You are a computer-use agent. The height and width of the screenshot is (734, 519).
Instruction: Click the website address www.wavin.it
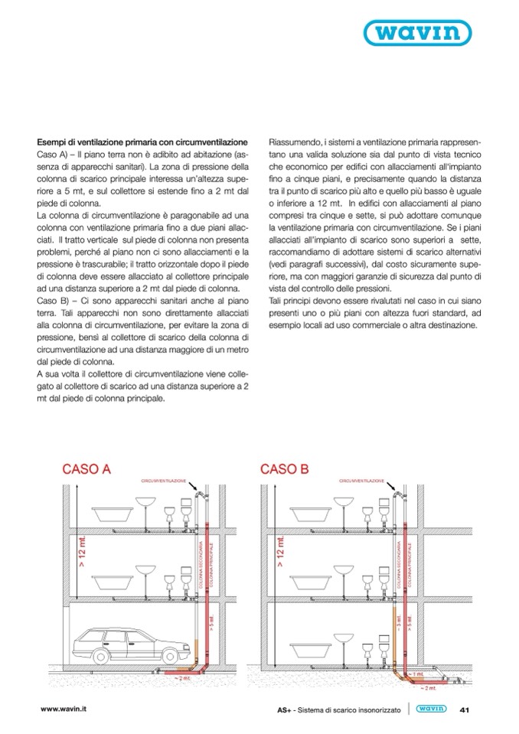click(65, 708)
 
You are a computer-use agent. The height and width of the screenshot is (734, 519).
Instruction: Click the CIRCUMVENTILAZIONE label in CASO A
click(163, 481)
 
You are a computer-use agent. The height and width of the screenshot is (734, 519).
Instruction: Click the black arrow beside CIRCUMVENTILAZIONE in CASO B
click(392, 486)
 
